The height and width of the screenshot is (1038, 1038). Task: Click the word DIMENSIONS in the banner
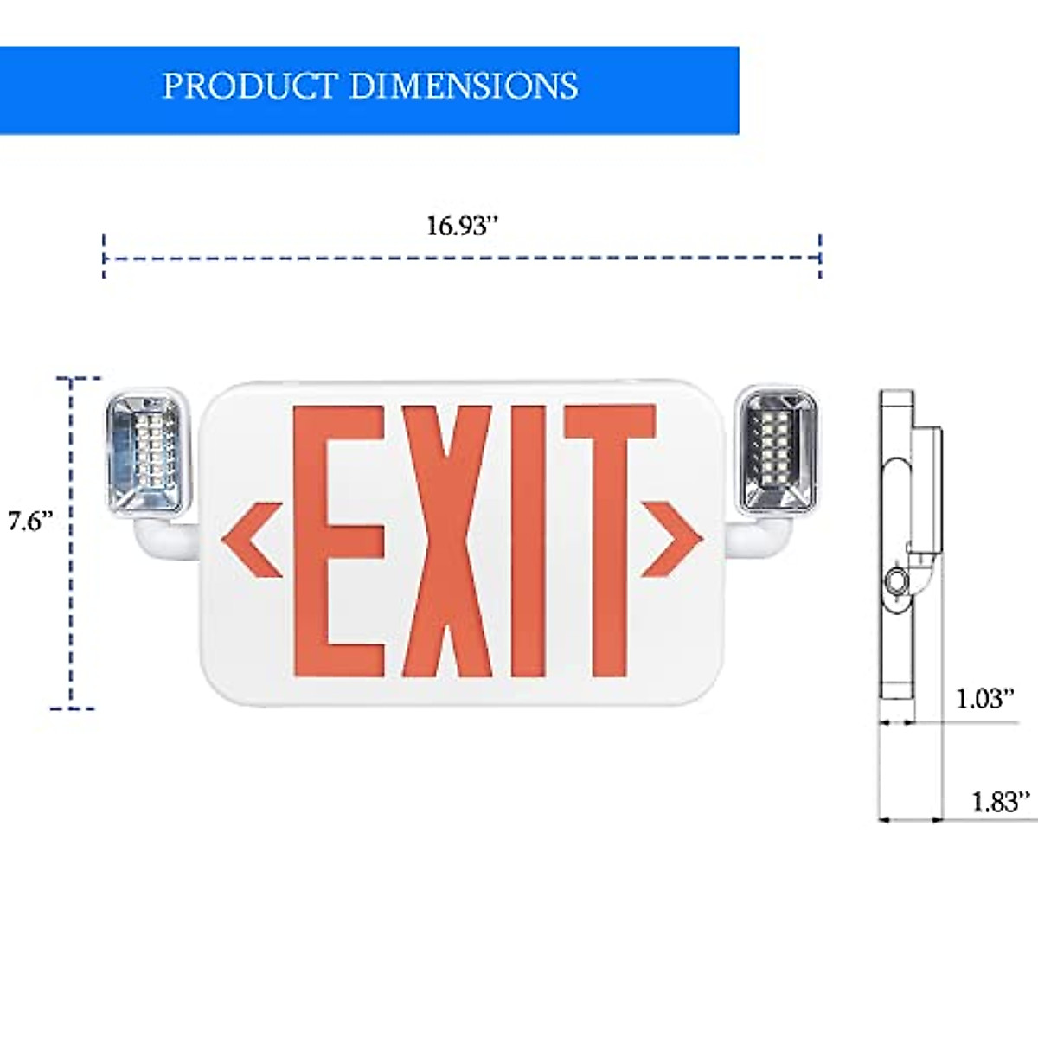coord(463,86)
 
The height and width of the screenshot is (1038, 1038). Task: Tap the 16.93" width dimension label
coord(463,227)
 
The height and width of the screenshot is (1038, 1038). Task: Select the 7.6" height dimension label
coord(30,522)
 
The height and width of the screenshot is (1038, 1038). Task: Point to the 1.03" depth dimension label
coord(984,698)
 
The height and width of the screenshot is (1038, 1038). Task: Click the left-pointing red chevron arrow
coord(252,540)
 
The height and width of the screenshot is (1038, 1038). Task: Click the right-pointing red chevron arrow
coord(671,540)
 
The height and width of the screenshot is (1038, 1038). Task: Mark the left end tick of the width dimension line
coord(104,256)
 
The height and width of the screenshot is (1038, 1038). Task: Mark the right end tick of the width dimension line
coord(820,256)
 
